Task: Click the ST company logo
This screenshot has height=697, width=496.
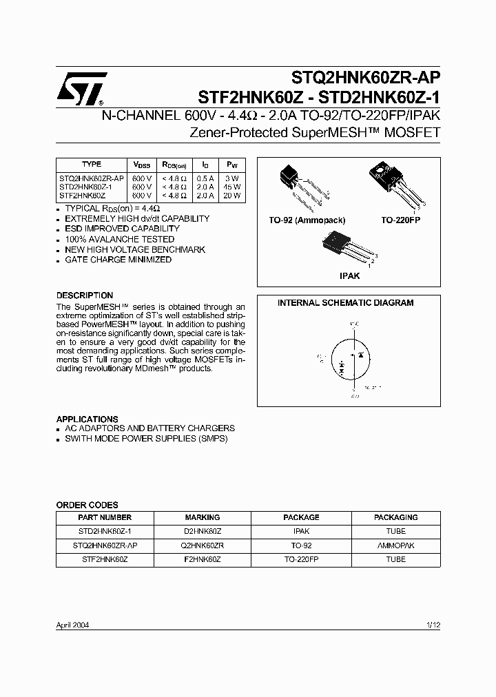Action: pyautogui.click(x=81, y=90)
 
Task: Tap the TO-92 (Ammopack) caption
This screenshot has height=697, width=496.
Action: pyautogui.click(x=307, y=220)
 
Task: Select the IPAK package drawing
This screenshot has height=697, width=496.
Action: pyautogui.click(x=344, y=249)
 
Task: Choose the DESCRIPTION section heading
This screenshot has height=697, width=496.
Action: pyautogui.click(x=85, y=295)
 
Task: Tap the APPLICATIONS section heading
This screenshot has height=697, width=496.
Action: pyautogui.click(x=87, y=419)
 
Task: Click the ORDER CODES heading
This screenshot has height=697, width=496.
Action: pyautogui.click(x=87, y=505)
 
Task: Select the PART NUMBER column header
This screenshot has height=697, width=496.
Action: pyautogui.click(x=105, y=517)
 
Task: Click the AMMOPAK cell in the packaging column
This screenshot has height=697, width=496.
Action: pyautogui.click(x=395, y=545)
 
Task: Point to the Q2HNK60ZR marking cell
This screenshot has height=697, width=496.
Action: pyautogui.click(x=203, y=545)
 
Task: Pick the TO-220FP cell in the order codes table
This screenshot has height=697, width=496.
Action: pyautogui.click(x=301, y=559)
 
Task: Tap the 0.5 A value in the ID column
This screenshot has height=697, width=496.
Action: pyautogui.click(x=205, y=178)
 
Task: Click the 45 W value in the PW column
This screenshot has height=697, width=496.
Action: pyautogui.click(x=231, y=187)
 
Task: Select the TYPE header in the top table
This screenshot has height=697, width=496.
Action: pyautogui.click(x=92, y=165)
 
